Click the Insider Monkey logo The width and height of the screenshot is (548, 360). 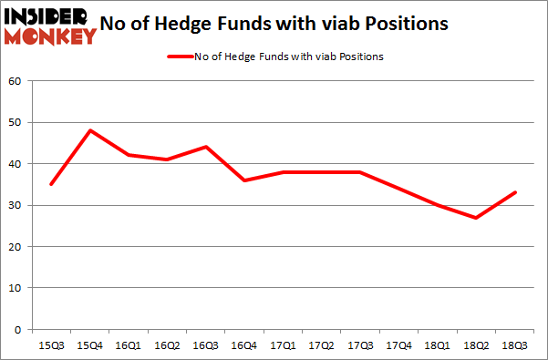[x=50, y=26]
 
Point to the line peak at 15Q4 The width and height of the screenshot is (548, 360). [x=90, y=130]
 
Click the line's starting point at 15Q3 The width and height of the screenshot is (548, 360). [x=51, y=184]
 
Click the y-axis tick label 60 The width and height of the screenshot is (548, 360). [x=16, y=81]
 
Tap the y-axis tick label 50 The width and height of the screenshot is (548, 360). [x=16, y=122]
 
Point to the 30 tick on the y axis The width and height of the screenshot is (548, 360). [x=16, y=205]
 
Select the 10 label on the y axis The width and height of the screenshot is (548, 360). [x=16, y=288]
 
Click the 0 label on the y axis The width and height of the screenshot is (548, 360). [x=18, y=329]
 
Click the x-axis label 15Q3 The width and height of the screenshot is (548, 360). [x=51, y=345]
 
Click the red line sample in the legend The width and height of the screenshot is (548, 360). [x=179, y=57]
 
